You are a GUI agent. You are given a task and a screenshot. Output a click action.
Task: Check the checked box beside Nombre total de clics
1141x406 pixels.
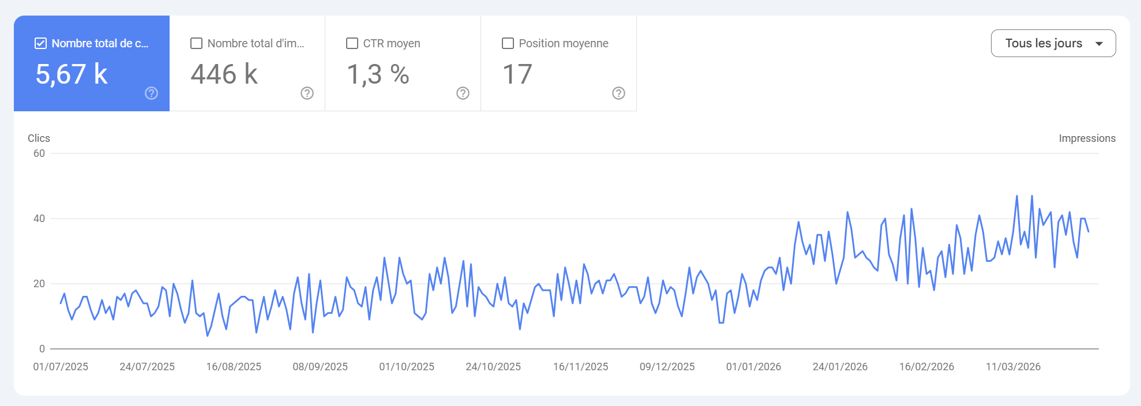click(41, 43)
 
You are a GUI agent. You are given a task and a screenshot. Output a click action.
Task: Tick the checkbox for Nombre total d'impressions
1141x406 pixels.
click(197, 43)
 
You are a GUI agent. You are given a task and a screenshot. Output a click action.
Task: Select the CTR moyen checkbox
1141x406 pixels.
click(352, 43)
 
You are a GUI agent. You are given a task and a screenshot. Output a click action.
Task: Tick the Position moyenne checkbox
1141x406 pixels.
click(508, 43)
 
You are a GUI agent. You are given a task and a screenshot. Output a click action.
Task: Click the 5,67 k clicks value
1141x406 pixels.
click(72, 74)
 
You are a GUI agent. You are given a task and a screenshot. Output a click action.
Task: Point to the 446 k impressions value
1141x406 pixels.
click(224, 74)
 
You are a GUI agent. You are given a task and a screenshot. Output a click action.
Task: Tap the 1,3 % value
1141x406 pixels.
click(378, 74)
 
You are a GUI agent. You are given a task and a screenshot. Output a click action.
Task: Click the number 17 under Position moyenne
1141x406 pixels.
click(517, 74)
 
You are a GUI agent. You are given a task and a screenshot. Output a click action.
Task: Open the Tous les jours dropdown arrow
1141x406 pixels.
click(1099, 44)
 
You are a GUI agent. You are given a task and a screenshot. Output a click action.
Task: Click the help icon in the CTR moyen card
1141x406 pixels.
click(463, 93)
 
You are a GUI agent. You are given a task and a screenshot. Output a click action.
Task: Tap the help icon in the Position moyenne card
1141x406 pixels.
click(618, 93)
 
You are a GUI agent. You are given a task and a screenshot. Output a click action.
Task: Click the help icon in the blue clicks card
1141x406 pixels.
click(151, 93)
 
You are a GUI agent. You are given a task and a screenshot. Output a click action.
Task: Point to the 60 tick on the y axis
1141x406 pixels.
click(39, 153)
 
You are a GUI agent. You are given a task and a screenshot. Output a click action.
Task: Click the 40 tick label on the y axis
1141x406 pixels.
click(39, 219)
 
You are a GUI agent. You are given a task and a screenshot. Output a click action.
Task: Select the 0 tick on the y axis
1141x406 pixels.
click(42, 349)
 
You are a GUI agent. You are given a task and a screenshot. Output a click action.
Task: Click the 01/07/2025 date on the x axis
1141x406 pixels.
click(61, 367)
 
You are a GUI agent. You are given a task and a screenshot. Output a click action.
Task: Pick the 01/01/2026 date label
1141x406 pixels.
click(753, 367)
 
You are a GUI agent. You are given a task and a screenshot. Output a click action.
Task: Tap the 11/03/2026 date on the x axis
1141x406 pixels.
click(1013, 367)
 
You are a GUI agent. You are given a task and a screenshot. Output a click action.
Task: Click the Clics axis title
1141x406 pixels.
click(39, 138)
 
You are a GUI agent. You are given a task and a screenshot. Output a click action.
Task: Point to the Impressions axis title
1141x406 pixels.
click(1087, 138)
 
